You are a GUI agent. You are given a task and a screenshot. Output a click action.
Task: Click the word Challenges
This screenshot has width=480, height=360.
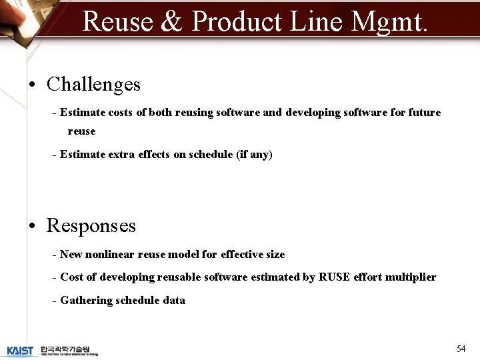93,85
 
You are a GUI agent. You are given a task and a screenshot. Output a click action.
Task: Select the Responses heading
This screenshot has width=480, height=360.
91,226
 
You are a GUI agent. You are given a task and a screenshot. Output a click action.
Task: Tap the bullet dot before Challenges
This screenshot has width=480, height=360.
32,85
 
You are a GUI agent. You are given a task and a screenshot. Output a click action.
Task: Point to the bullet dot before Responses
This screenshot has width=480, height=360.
32,226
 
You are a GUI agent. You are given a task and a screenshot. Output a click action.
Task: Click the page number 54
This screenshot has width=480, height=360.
461,349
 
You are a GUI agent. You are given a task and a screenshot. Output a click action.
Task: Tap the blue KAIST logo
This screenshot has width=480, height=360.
20,350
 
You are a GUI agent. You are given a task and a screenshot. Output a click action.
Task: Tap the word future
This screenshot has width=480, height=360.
424,113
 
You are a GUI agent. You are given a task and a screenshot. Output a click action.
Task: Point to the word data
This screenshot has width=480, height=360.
173,301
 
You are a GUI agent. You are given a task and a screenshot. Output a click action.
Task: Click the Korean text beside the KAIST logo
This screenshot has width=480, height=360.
69,350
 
